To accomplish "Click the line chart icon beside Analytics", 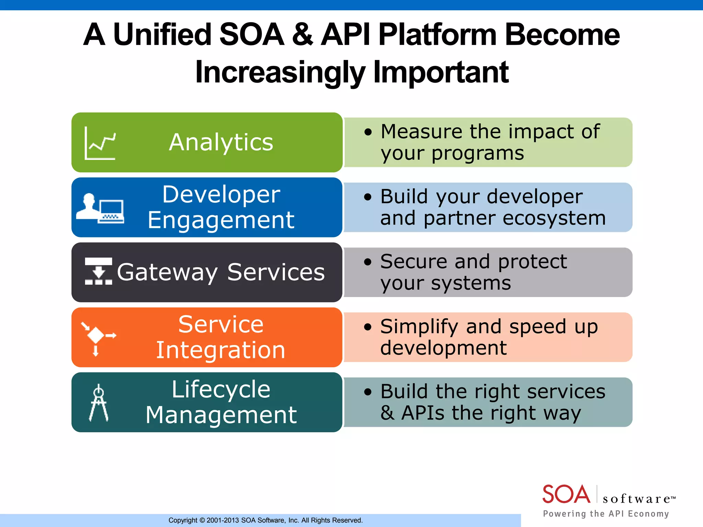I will [x=100, y=143].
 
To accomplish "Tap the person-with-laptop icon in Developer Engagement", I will [x=100, y=209].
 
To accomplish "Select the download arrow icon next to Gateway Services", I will [x=99, y=271].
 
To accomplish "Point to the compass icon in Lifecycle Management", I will [x=99, y=403].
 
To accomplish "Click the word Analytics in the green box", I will [x=221, y=142].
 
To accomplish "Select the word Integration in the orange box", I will [x=221, y=350].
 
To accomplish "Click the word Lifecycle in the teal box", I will [x=221, y=390].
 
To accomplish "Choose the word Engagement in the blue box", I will [x=221, y=220].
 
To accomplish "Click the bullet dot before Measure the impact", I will [x=368, y=132].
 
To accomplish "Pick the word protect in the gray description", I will [x=532, y=262].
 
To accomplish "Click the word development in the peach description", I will [x=443, y=348].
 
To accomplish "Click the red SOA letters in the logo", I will [x=566, y=494].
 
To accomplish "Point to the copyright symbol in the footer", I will [x=202, y=520].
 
